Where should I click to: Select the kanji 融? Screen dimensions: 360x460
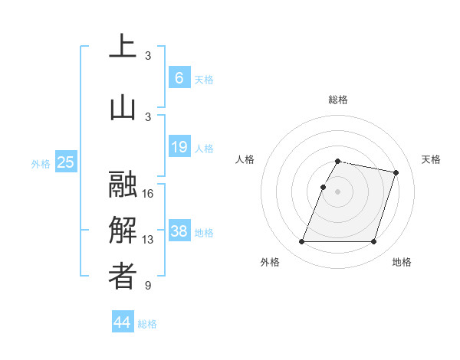[123, 185]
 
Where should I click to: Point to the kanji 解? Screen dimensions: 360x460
[123, 231]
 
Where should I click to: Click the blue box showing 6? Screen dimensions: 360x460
[179, 77]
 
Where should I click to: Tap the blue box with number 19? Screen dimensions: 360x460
[179, 147]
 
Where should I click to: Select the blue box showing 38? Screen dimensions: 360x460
[179, 231]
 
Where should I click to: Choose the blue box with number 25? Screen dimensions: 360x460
[66, 162]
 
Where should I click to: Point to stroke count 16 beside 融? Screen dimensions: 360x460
[148, 194]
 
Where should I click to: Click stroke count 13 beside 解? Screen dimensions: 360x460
[148, 240]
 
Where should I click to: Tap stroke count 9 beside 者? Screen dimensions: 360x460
[148, 286]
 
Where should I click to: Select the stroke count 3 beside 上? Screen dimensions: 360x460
[148, 55]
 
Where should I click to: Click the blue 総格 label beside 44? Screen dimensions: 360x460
[147, 324]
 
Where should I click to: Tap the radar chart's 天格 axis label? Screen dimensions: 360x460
[431, 159]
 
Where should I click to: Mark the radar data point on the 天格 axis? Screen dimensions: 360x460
[396, 173]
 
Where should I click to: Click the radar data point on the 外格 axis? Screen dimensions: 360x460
[302, 242]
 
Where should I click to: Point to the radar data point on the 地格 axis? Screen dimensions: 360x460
[373, 242]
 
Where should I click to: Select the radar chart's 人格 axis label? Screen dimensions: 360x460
[245, 159]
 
